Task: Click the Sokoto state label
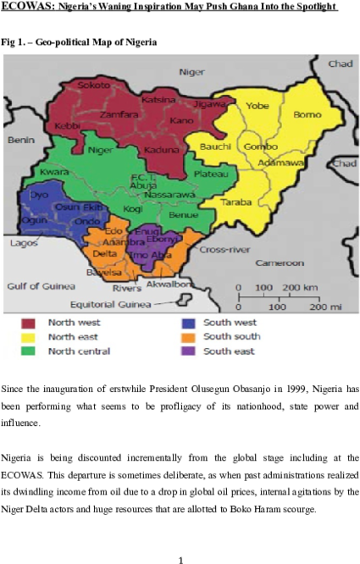pos(94,86)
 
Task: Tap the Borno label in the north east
pos(307,114)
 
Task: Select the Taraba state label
pos(236,202)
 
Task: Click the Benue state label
pos(184,215)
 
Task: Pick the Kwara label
pos(53,172)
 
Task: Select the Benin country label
pos(20,140)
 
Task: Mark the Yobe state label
pos(258,106)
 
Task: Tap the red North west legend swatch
pos(29,323)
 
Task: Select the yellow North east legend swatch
pos(29,336)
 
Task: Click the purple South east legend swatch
pos(188,351)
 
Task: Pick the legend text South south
pos(232,336)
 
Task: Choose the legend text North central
pos(79,351)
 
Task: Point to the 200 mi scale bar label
pos(318,306)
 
